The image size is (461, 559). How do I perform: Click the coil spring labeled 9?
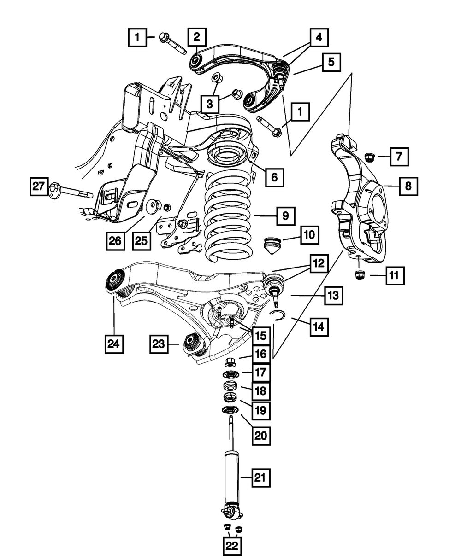coord(229,216)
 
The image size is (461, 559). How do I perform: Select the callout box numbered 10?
coord(309,235)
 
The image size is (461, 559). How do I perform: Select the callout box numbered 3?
coord(210,105)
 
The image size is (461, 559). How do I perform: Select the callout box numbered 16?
coord(261,354)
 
